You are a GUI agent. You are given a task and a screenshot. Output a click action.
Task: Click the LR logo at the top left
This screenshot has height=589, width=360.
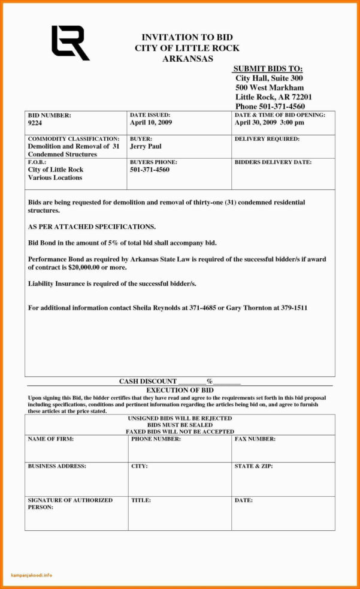[69, 43]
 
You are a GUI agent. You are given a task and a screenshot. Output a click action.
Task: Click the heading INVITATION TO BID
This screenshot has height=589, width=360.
[186, 37]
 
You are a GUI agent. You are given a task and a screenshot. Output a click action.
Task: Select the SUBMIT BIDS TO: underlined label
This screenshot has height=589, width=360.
[268, 69]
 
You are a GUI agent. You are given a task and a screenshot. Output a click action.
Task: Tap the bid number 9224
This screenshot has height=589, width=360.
[35, 123]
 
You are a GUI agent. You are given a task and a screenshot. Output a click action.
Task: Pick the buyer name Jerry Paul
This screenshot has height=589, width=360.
[146, 147]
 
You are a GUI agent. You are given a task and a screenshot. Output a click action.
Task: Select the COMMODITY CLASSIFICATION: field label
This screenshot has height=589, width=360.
[73, 138]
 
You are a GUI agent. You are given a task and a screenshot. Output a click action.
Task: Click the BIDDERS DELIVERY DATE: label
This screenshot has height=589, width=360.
[273, 162]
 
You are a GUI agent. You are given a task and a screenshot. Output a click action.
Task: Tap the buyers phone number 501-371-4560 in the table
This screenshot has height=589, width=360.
[150, 170]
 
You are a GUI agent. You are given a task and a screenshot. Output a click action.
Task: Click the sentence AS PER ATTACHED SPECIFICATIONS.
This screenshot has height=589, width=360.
[92, 226]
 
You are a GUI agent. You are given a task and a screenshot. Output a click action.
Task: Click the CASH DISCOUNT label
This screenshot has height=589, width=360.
[147, 381]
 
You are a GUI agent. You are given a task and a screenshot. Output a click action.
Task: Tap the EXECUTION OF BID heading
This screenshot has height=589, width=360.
[180, 390]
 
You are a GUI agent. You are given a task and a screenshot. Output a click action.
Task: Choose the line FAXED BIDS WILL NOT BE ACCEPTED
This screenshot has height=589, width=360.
[180, 431]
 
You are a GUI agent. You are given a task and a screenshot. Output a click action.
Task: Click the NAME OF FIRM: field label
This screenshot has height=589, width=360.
[51, 439]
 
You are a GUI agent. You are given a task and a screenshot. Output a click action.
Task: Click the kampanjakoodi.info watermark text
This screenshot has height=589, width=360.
[32, 575]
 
